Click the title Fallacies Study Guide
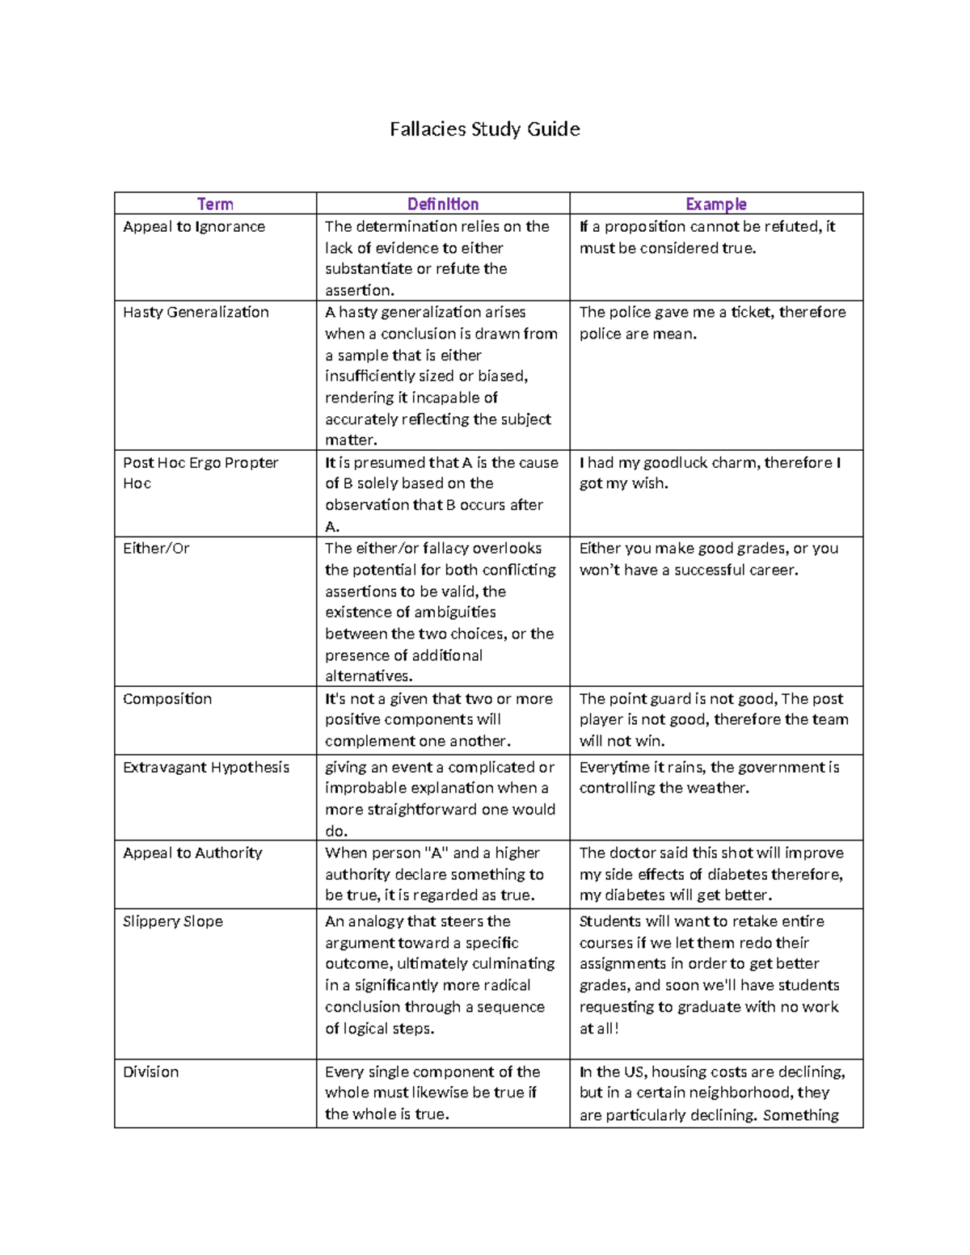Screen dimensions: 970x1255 pos(484,129)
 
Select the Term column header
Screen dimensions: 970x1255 pos(215,204)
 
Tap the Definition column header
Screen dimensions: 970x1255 pos(442,204)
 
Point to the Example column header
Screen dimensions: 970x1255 pos(715,204)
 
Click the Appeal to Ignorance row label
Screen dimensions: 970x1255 pos(194,227)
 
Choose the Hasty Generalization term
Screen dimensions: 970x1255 pos(196,313)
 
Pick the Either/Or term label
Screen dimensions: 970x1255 pos(156,549)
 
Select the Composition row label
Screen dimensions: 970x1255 pos(167,699)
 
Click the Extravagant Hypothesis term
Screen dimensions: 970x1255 pos(206,768)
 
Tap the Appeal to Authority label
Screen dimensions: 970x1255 pos(192,853)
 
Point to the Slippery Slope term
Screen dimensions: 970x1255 pos(173,922)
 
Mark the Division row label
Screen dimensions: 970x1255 pos(150,1072)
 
